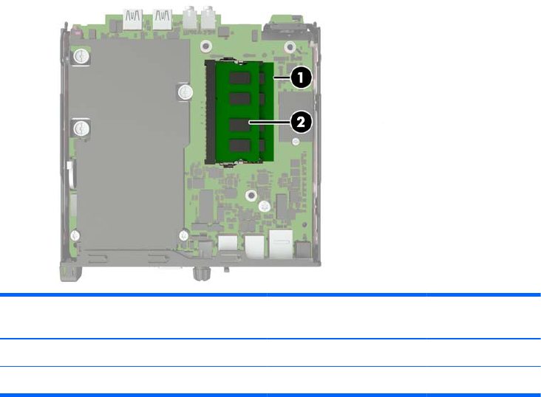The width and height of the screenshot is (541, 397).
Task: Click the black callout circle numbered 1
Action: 301,77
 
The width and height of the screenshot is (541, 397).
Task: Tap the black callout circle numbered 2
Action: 301,122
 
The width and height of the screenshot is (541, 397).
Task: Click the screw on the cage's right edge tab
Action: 186,92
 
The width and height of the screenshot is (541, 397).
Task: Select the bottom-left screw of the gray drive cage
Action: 75,236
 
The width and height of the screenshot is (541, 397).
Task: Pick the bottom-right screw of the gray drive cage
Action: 183,235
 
